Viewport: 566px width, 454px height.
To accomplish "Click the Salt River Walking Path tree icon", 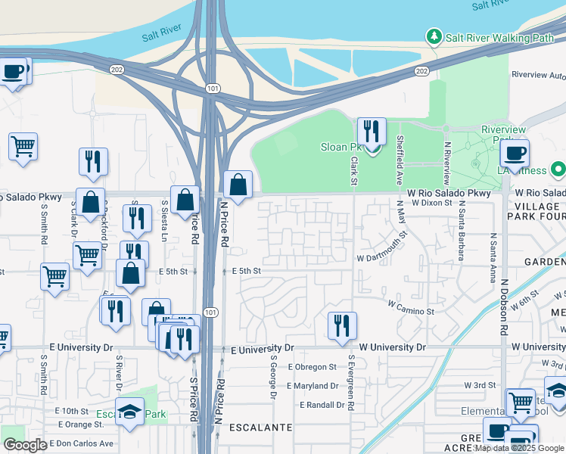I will click(x=434, y=36).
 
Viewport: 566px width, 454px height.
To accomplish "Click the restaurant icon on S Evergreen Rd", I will click(x=342, y=325).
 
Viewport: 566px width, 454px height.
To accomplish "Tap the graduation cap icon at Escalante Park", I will click(x=130, y=412).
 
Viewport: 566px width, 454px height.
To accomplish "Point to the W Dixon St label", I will click(x=431, y=203).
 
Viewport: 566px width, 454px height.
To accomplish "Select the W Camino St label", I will click(x=411, y=307).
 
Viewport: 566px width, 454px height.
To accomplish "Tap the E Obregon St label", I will click(x=313, y=367).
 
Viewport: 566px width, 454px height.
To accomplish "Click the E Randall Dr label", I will click(x=322, y=405).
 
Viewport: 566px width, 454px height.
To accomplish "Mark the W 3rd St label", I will click(x=479, y=385).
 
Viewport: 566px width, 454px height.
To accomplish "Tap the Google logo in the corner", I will click(x=25, y=444).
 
